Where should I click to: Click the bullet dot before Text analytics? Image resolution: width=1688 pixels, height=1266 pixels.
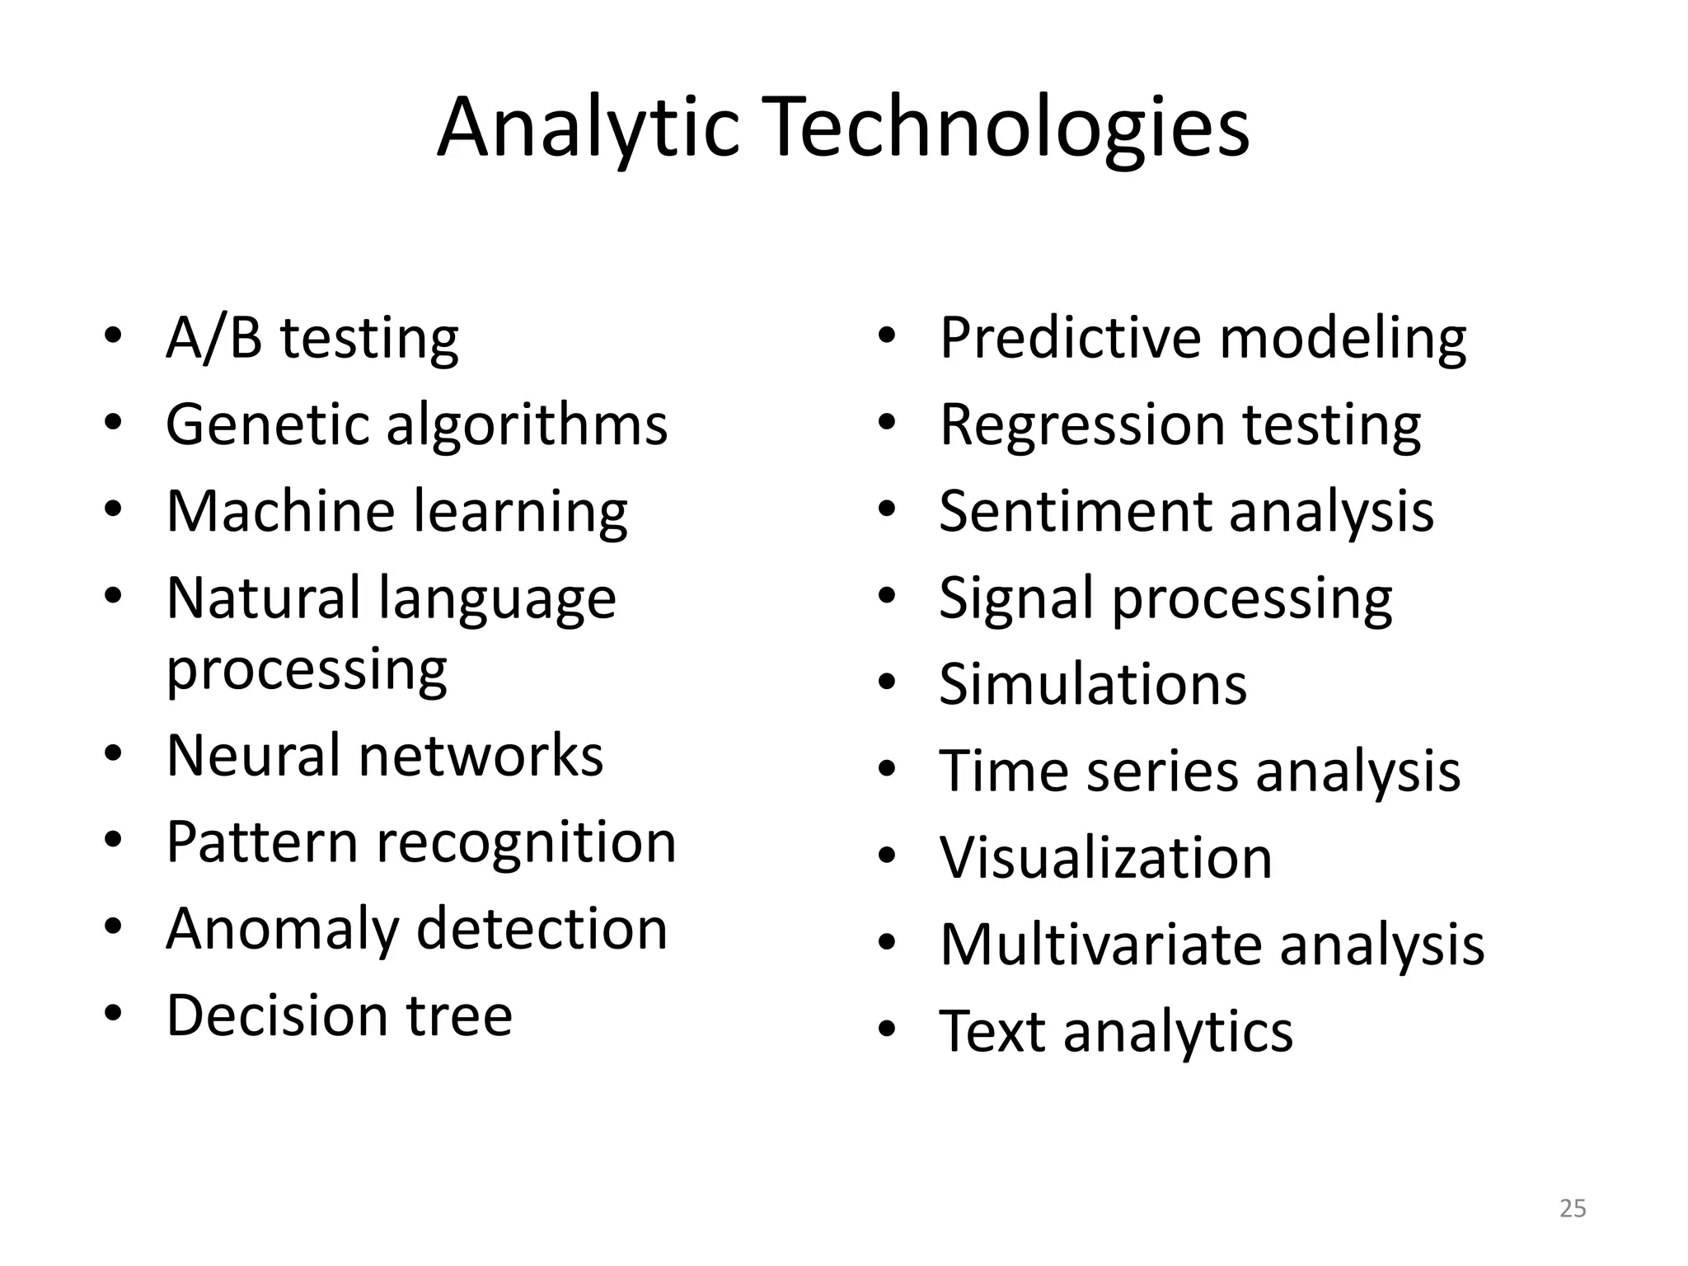point(887,1030)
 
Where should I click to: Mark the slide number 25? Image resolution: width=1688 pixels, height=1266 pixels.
point(1573,1208)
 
